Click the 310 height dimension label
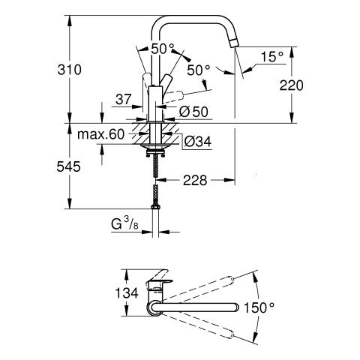[x=69, y=70]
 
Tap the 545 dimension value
[x=68, y=166]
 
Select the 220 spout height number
[x=291, y=85]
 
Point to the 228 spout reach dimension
[x=195, y=180]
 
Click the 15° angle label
[x=272, y=57]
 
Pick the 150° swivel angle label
[x=259, y=307]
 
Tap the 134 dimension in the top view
[x=127, y=292]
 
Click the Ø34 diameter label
[x=198, y=142]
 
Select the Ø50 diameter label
[x=193, y=112]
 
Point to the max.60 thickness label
[x=100, y=134]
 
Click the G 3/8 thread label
[x=124, y=223]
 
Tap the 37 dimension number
[x=124, y=100]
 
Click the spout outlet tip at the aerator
[x=233, y=45]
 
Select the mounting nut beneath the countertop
[x=156, y=152]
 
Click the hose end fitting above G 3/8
[x=155, y=207]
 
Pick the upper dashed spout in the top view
[x=197, y=288]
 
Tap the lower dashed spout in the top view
[x=197, y=325]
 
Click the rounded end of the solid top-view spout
[x=235, y=307]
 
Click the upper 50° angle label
[x=163, y=49]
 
